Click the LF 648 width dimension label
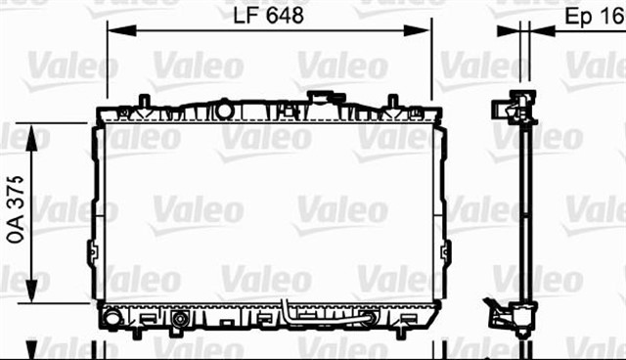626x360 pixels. [268, 16]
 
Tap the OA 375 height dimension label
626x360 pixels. [16, 209]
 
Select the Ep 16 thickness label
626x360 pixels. [595, 17]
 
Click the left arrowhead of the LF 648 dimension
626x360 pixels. [122, 30]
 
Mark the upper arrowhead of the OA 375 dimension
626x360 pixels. [31, 138]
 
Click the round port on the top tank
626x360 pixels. [224, 111]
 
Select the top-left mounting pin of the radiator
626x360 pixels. [144, 101]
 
